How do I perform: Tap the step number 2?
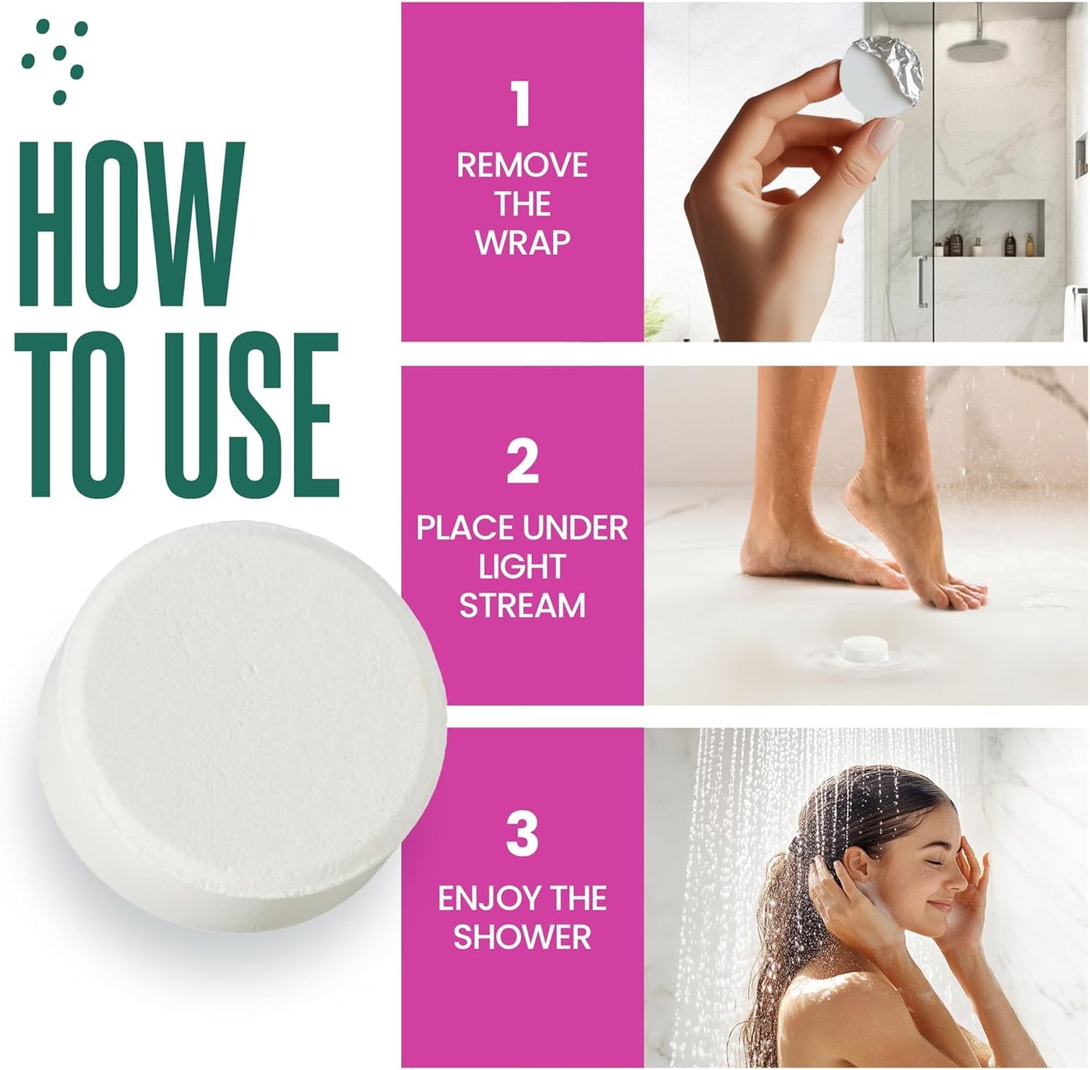pyautogui.click(x=522, y=462)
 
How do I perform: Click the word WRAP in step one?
pyautogui.click(x=522, y=243)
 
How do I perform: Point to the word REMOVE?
pyautogui.click(x=522, y=165)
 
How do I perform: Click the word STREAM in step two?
pyautogui.click(x=522, y=606)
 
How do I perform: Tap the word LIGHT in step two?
pyautogui.click(x=522, y=567)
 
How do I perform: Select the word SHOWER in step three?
pyautogui.click(x=522, y=937)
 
